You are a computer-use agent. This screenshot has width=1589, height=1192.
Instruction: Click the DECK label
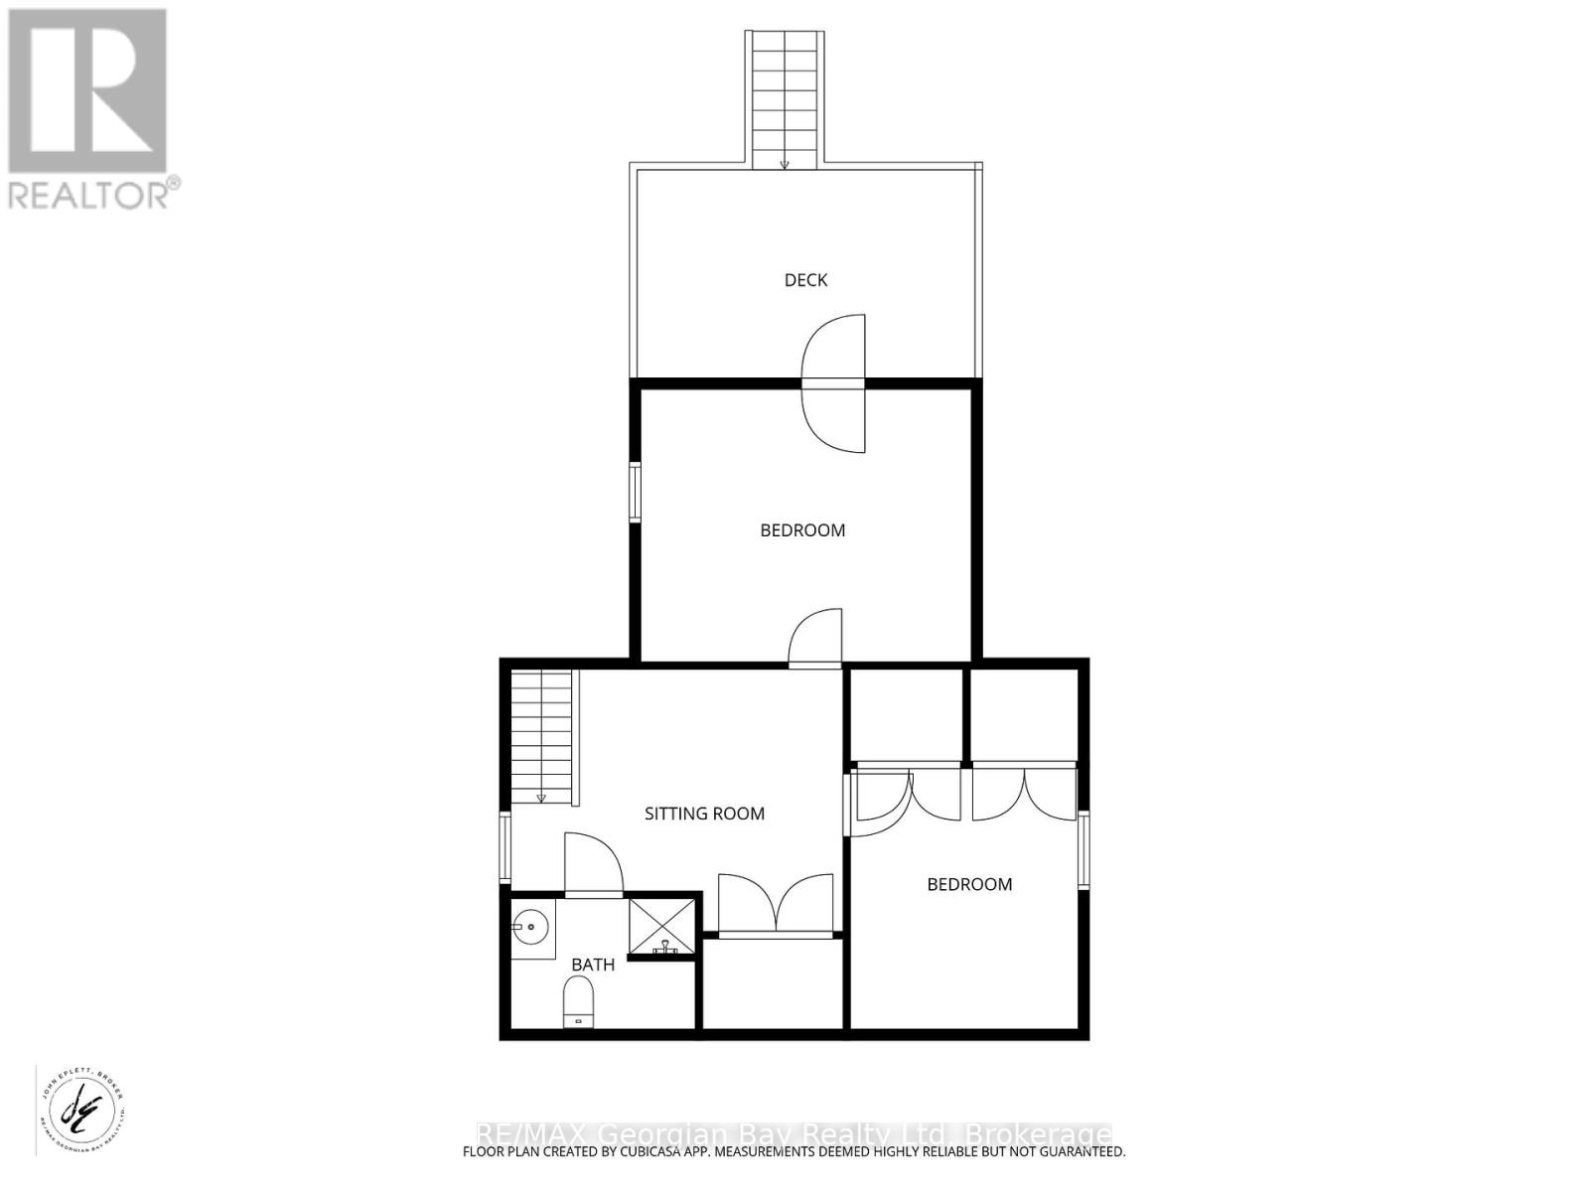[805, 280]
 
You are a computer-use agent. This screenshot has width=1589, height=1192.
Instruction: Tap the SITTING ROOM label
[704, 814]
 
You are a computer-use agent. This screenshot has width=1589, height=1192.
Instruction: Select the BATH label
[593, 965]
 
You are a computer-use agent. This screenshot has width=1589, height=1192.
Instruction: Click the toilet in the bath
[578, 1000]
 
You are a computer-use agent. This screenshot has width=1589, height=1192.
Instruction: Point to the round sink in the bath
[530, 929]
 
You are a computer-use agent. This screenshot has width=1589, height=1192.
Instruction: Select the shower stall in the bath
[663, 927]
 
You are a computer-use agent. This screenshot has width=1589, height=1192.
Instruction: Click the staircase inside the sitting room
[542, 736]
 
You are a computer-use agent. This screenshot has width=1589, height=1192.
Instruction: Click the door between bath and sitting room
[593, 865]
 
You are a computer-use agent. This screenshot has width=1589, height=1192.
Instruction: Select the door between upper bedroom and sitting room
[815, 638]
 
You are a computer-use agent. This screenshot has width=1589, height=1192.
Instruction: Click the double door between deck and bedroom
[834, 383]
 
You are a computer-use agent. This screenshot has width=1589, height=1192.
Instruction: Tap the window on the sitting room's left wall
[506, 848]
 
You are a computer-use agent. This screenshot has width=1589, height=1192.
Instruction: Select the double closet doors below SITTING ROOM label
[776, 905]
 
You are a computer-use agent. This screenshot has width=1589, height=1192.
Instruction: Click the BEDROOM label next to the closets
[969, 884]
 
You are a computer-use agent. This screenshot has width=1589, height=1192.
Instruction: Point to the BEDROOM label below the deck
[802, 530]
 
